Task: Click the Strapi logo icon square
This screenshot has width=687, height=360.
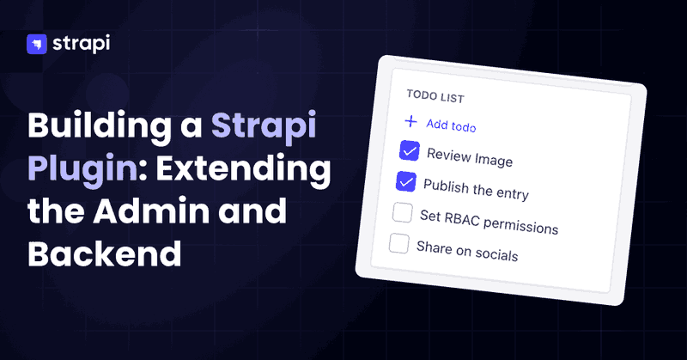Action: (37, 45)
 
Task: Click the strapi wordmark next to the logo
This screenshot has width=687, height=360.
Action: (82, 44)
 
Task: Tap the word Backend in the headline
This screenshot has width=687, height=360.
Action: (105, 253)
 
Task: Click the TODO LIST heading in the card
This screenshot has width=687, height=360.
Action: (435, 96)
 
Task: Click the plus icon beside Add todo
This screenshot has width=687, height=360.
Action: (410, 121)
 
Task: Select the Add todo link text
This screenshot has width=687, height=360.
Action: (451, 125)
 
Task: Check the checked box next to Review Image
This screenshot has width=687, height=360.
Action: (410, 151)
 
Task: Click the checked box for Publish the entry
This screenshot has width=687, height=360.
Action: (406, 181)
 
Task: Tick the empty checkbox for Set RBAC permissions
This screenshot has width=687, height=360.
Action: (403, 213)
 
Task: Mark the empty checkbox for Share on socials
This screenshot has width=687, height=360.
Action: (399, 243)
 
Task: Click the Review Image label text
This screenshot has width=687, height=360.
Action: (470, 157)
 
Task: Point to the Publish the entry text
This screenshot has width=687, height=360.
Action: (476, 189)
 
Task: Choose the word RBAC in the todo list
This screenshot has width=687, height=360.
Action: (462, 219)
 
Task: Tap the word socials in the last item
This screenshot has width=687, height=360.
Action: (496, 253)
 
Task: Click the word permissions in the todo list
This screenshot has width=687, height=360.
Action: (521, 226)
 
